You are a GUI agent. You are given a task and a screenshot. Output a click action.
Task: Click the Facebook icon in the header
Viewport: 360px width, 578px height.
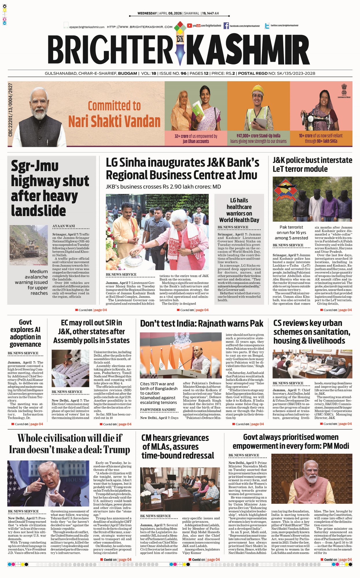[226, 26]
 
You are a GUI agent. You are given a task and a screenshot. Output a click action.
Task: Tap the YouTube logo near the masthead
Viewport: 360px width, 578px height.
[189, 26]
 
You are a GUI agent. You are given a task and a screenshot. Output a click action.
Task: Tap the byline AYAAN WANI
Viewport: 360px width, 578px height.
[64, 226]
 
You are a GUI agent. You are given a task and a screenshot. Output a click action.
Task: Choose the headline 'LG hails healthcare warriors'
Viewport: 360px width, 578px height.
[239, 210]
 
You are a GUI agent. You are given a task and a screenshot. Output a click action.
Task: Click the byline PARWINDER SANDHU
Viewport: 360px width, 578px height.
[158, 410]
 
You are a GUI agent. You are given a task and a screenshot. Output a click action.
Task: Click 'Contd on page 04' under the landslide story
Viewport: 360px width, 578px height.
[91, 310]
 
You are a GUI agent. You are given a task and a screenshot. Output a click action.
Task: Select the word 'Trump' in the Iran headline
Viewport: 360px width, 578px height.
[117, 450]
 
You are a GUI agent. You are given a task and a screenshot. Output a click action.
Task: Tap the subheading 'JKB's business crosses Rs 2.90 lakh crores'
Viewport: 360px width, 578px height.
[163, 187]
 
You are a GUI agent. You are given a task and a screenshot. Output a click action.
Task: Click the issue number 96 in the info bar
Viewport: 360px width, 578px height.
[183, 73]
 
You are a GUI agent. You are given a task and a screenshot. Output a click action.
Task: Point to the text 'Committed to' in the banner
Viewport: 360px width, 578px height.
[114, 106]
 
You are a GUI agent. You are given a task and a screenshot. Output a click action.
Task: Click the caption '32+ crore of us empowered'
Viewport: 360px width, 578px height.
[196, 138]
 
